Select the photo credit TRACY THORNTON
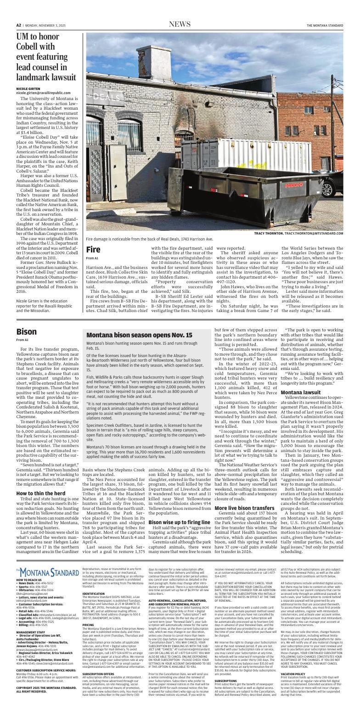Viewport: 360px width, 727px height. pos(269,234)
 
